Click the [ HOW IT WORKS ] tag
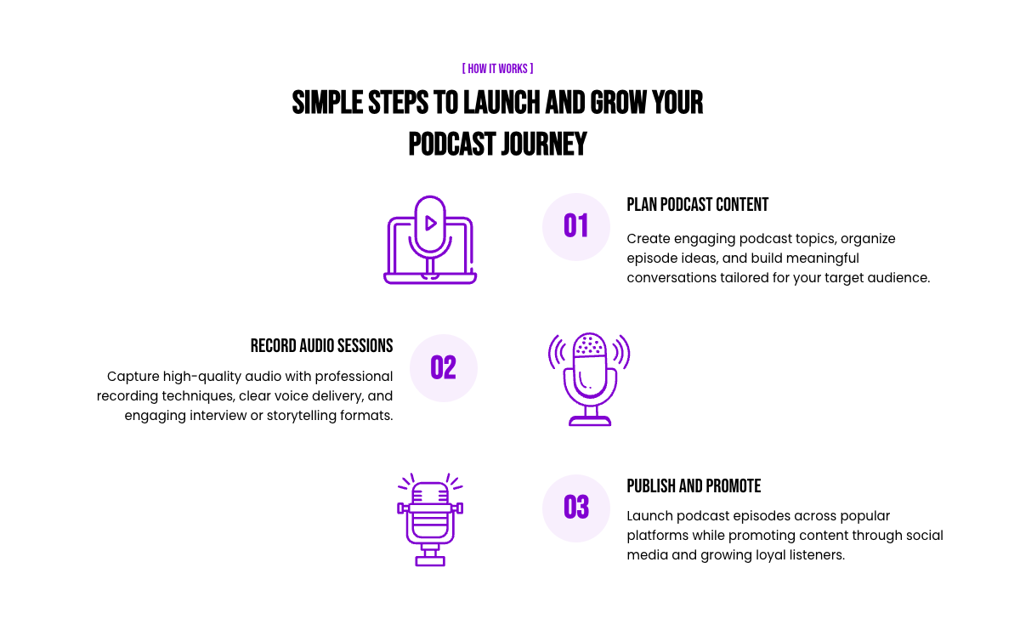click(x=497, y=69)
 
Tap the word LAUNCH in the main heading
click(x=501, y=103)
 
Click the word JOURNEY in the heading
click(x=544, y=145)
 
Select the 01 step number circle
click(x=576, y=227)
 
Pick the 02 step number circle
click(x=444, y=368)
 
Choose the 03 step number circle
click(x=576, y=508)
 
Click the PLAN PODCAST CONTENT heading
click(x=697, y=205)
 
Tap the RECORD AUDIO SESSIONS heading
click(x=321, y=346)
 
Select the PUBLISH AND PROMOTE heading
click(x=694, y=486)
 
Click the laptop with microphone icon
click(x=430, y=240)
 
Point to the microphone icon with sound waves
click(x=589, y=379)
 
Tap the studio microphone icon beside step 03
click(x=430, y=520)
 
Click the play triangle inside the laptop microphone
click(x=430, y=224)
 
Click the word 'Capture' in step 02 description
click(x=133, y=378)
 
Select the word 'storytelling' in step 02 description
click(x=296, y=416)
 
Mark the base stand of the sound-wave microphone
click(x=590, y=421)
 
